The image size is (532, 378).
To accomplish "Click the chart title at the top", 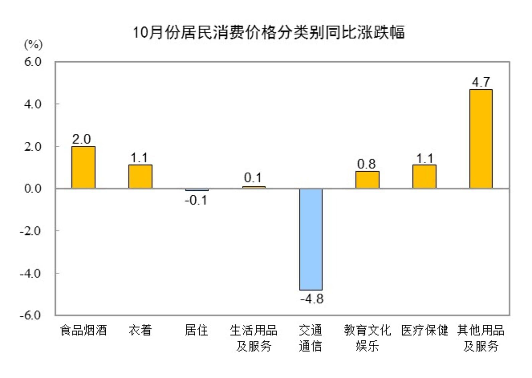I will point(269,32).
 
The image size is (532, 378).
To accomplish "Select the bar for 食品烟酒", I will point(83,167).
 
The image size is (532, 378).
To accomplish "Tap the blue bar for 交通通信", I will point(311,239).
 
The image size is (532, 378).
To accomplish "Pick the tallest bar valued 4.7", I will point(481,139).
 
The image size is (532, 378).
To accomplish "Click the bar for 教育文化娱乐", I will point(367,180).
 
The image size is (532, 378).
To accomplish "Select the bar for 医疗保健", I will point(424,177).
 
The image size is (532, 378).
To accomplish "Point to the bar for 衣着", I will point(140,177).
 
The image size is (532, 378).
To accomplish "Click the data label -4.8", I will point(312,299).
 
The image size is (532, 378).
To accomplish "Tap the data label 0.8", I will point(366,164).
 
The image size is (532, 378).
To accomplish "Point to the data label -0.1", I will point(196,200).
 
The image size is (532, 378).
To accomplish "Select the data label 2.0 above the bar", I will point(82,139).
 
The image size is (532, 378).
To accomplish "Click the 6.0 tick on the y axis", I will point(33,62).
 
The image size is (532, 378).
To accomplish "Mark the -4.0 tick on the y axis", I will point(30,273).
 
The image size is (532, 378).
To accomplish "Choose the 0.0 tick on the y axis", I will point(33,188).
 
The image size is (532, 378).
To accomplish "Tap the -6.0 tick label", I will point(30,315).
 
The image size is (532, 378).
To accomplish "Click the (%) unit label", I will point(33,44).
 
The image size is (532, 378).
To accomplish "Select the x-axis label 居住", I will point(196,330).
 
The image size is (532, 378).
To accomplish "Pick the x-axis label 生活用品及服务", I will point(253,338).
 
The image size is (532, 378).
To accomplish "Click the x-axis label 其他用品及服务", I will point(481,338).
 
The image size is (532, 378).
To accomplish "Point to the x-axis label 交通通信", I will point(310,338).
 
